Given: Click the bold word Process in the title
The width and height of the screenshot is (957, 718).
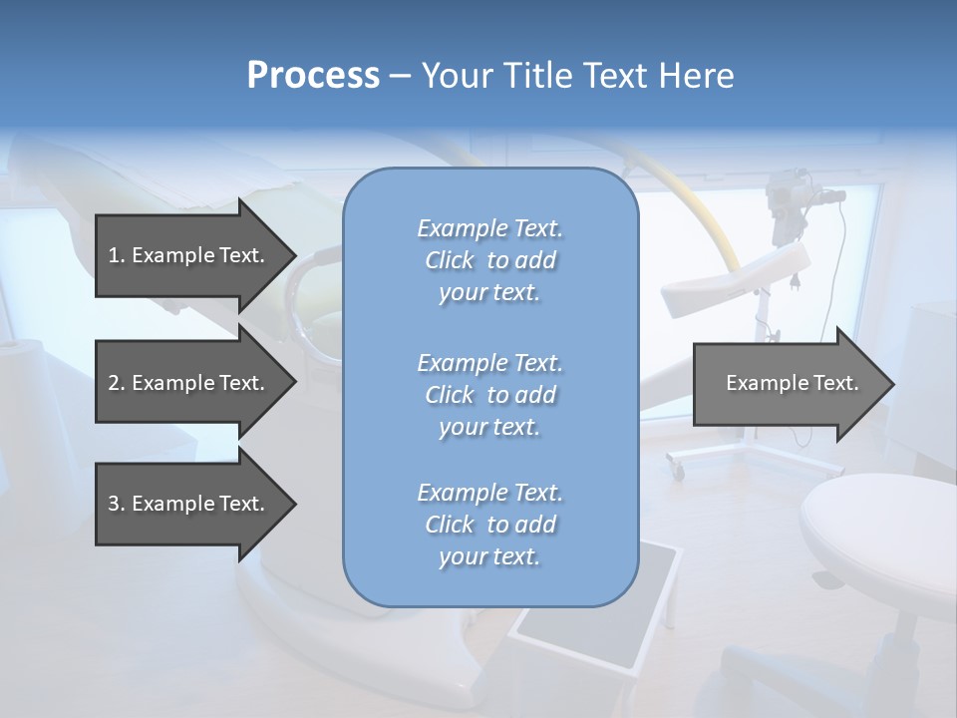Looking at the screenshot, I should point(313,76).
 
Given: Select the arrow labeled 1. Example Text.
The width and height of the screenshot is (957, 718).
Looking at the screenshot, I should point(186,255).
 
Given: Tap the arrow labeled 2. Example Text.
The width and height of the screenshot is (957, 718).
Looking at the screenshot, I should point(186,383).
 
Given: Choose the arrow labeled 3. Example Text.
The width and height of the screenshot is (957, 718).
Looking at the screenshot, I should point(186,504).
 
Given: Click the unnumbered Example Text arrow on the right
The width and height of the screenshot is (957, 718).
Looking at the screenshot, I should point(792,383).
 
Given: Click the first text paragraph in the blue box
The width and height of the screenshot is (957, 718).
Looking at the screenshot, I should point(489,260).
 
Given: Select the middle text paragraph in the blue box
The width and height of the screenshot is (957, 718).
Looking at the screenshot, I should point(489,395).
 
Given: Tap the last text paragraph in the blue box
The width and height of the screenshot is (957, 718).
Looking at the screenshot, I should point(489,525).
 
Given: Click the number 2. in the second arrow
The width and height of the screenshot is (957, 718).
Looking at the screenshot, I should point(117,383).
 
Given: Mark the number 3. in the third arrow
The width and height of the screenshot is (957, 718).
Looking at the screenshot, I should point(117,504).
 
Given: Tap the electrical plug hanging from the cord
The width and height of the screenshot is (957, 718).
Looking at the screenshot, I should point(798,281).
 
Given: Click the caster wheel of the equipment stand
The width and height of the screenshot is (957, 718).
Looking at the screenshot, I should point(676,467).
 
